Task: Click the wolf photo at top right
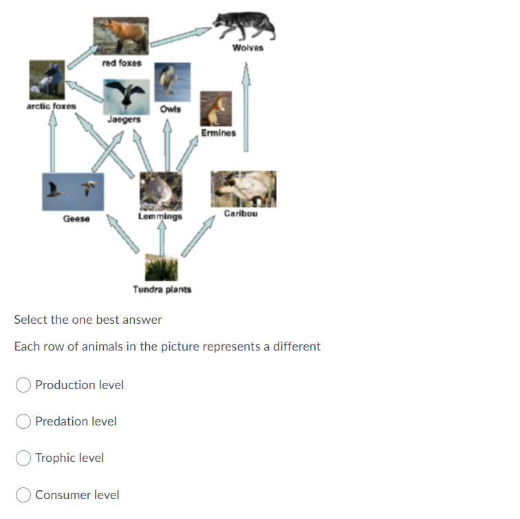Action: coord(243,26)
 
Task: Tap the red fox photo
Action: coord(120,35)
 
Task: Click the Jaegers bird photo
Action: coord(125,96)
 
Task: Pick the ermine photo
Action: coord(215,109)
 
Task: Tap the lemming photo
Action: coord(161,190)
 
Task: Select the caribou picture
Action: coord(243,189)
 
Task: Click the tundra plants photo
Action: coord(161,267)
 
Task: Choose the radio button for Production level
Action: coord(23,385)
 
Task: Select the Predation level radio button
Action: coord(23,421)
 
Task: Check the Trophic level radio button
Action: coord(23,458)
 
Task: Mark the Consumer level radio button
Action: coord(23,495)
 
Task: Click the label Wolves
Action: coord(248,47)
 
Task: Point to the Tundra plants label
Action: coord(162,289)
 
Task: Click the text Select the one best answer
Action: coord(88,320)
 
